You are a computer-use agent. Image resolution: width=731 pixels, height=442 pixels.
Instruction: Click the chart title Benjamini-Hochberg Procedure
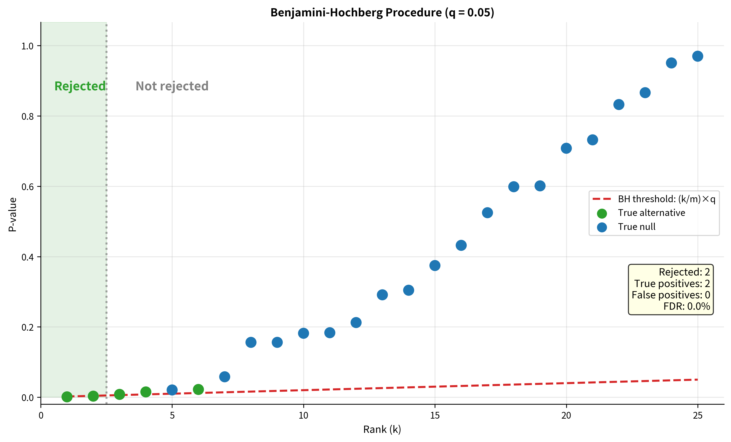(x=382, y=13)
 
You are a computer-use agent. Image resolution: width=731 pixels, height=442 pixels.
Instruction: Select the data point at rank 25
(x=698, y=56)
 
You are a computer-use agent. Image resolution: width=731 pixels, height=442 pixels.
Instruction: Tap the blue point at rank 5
(x=172, y=390)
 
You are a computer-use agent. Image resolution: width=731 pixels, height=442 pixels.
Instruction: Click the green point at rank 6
(x=198, y=389)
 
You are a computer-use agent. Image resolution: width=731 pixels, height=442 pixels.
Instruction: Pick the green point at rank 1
(x=67, y=397)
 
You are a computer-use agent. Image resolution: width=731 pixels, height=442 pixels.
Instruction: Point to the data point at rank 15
(x=435, y=265)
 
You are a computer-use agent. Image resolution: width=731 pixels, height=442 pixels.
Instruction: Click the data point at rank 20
(x=566, y=148)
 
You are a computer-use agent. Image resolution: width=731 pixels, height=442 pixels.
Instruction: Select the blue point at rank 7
(x=225, y=377)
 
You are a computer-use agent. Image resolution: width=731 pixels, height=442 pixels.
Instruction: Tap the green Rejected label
(x=80, y=86)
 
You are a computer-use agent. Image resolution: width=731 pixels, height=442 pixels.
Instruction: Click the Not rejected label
(x=172, y=86)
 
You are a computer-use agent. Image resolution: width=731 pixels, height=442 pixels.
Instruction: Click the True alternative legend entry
(x=651, y=213)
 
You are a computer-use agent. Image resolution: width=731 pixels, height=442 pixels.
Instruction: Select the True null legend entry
(x=637, y=227)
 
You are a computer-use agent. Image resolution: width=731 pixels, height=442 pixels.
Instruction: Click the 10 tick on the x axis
(x=303, y=415)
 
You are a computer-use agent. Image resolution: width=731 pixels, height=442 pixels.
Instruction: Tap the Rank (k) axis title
(x=382, y=429)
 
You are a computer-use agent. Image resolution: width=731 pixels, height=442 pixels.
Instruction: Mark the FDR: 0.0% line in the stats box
(x=686, y=306)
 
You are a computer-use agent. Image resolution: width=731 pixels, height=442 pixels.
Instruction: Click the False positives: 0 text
(x=671, y=295)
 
